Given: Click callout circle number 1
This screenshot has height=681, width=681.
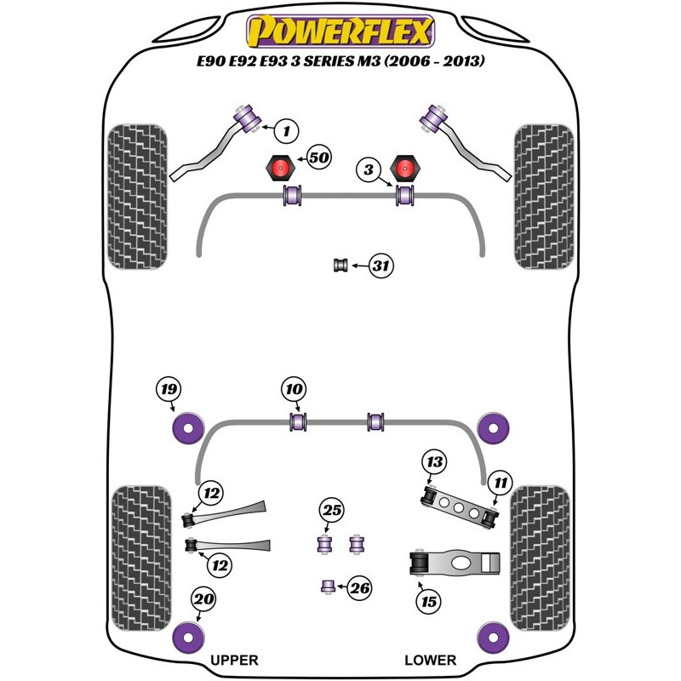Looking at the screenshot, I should point(287,131).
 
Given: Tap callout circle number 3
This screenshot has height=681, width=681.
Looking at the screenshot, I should point(368,171).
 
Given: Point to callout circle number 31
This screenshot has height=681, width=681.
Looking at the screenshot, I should point(382,266).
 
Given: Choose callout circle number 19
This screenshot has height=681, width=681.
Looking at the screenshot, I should point(169,390).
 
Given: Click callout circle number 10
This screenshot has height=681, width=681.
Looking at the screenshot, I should point(294,390).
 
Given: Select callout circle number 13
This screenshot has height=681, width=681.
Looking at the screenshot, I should point(435,462).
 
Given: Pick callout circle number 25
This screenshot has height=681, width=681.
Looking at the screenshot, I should point(331,511).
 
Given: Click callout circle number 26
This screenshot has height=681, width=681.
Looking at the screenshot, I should point(361,587).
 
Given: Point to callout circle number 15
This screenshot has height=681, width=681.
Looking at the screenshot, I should point(428,602).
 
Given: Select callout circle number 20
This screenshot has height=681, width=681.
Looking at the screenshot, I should point(203,600).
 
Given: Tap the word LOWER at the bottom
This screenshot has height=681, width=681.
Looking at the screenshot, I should point(430,660).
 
